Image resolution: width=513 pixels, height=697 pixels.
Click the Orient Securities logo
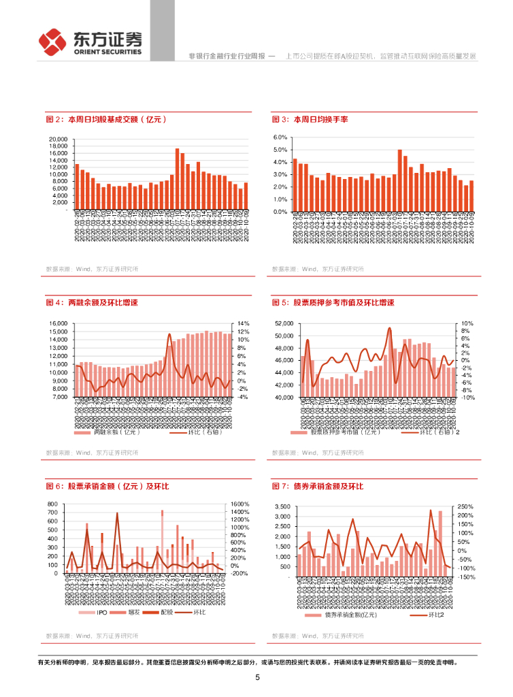89,43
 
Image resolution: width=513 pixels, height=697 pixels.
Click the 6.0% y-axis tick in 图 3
281,137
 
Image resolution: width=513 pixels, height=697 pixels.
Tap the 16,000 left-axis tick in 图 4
58,323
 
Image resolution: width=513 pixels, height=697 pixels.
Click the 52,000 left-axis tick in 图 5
281,323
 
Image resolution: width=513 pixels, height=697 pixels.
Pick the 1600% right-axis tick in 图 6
241,504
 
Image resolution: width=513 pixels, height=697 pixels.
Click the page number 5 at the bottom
257,677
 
